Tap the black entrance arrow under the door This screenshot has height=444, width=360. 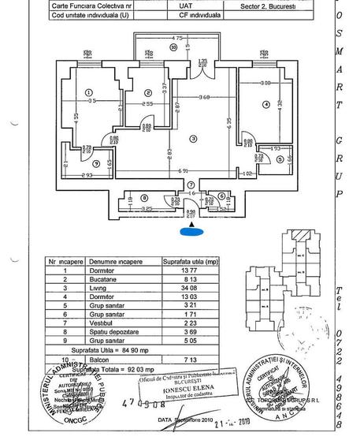coord(189,221)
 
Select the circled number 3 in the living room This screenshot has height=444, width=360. coord(192,140)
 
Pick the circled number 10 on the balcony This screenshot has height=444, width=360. coord(173,47)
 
